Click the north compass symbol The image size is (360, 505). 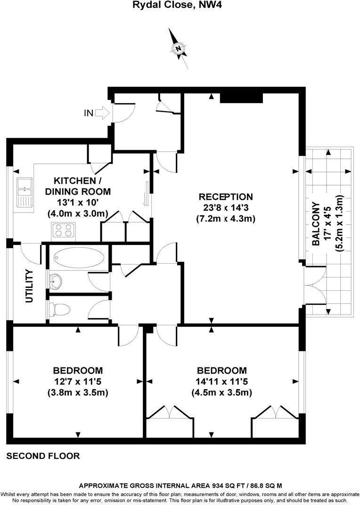[178, 49]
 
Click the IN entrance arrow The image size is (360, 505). [103, 113]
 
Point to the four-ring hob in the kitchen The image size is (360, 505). [64, 231]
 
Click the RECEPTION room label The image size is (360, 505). [226, 197]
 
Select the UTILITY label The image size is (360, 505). [29, 286]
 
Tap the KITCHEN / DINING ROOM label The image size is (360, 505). [78, 186]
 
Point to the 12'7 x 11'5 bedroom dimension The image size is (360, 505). [78, 382]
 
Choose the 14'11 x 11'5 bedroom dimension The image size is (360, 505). [222, 382]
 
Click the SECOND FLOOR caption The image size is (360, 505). [43, 456]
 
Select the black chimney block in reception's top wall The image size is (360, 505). [241, 98]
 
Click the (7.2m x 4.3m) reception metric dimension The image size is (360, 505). [226, 219]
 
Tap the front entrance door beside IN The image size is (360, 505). [124, 113]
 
